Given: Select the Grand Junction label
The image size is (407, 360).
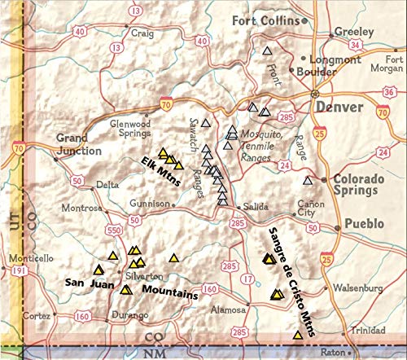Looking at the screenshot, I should (x=80, y=145).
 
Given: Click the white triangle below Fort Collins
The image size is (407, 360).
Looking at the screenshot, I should (x=267, y=51).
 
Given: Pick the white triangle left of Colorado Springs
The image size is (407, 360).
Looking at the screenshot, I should (x=307, y=181).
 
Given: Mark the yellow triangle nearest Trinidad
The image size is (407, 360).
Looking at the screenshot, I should (x=296, y=335).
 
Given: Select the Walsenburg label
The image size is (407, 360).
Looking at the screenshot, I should (x=357, y=288).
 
